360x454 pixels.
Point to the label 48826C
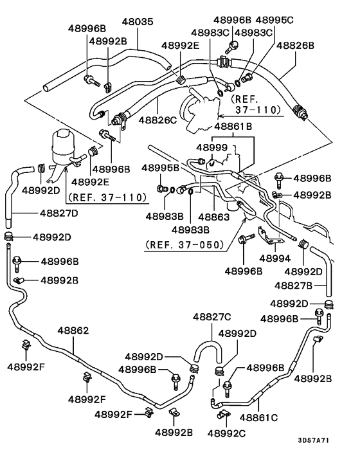tap(157, 119)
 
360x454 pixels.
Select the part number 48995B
tap(160, 168)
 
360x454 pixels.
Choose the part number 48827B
tap(294, 284)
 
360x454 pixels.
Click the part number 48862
tap(75, 330)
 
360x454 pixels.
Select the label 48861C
tap(258, 417)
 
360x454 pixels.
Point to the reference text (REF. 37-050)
tap(184, 244)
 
